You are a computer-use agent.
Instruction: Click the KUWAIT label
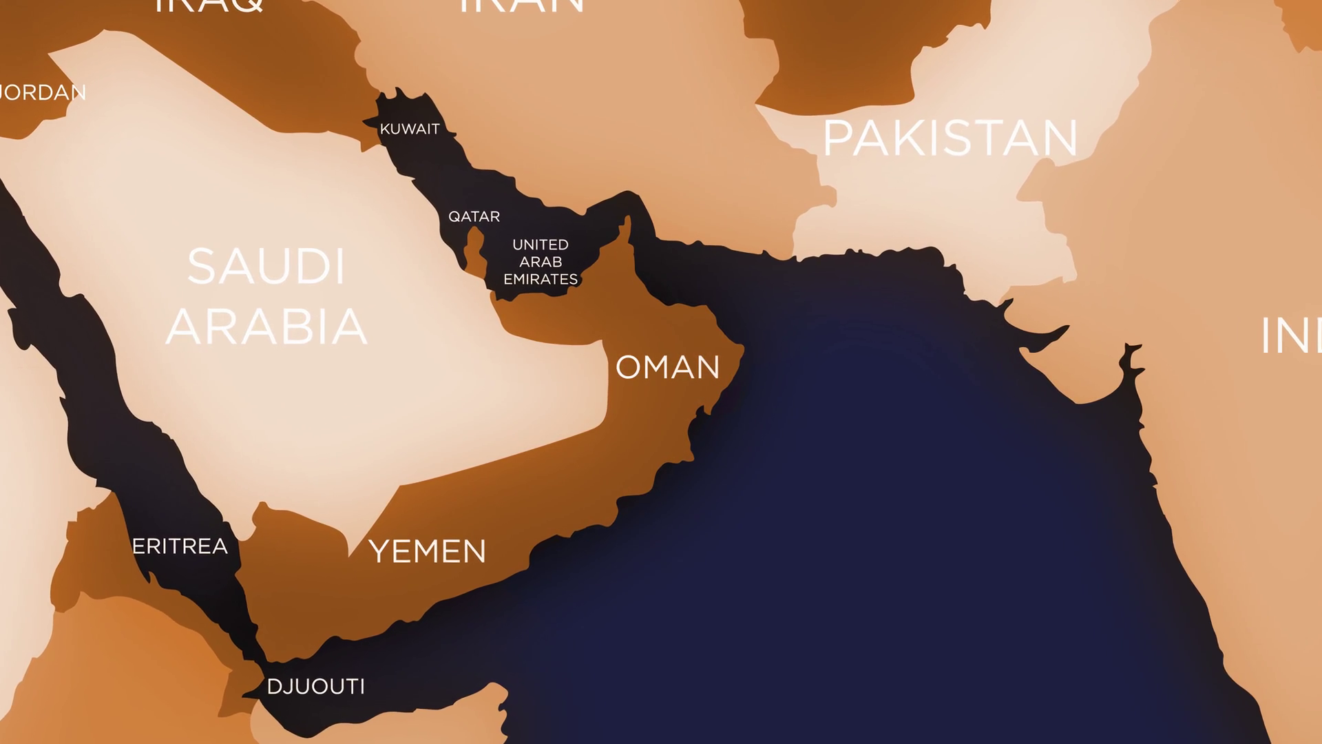click(410, 129)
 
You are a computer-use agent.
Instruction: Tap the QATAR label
click(474, 216)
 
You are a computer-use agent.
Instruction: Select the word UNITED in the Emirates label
click(541, 245)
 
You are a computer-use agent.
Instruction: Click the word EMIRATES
click(541, 279)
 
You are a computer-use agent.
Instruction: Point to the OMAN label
click(667, 367)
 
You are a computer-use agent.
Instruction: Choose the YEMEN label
click(428, 551)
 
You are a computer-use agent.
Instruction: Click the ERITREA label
click(180, 546)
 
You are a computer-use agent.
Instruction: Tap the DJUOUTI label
click(315, 686)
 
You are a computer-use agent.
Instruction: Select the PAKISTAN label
click(950, 138)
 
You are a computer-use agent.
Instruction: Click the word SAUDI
click(266, 267)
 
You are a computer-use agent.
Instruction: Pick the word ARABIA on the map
click(266, 327)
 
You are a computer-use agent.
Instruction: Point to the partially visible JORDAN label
click(43, 92)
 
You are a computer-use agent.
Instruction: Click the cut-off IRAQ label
click(209, 6)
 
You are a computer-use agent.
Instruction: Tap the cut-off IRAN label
click(521, 6)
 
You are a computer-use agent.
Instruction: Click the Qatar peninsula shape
click(474, 249)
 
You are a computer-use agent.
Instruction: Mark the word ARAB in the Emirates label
click(541, 262)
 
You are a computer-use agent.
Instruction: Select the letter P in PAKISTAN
click(837, 138)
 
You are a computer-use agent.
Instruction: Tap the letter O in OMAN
click(628, 367)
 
